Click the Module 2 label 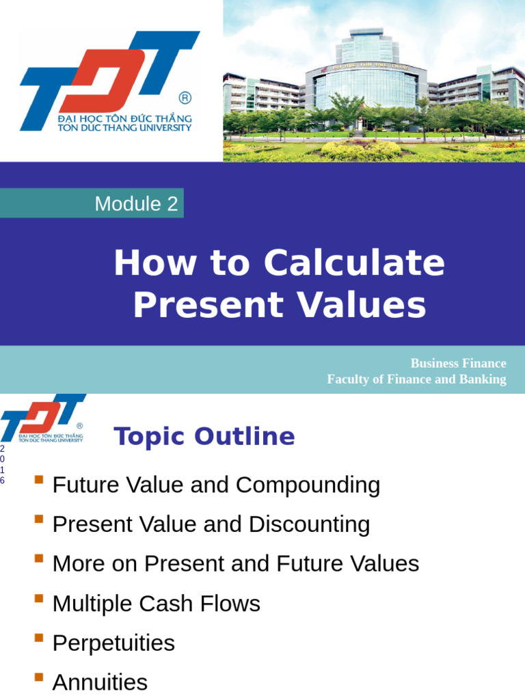[x=136, y=204]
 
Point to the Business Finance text [x=458, y=364]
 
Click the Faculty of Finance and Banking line [x=416, y=379]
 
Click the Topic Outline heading [x=204, y=436]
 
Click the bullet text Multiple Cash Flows [x=156, y=604]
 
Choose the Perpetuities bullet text [x=113, y=643]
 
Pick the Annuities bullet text [x=100, y=682]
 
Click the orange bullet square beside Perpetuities [x=39, y=638]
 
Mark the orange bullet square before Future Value [x=39, y=481]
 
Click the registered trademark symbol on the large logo [x=185, y=98]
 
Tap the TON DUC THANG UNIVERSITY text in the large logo [x=125, y=128]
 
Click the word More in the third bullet [x=77, y=565]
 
